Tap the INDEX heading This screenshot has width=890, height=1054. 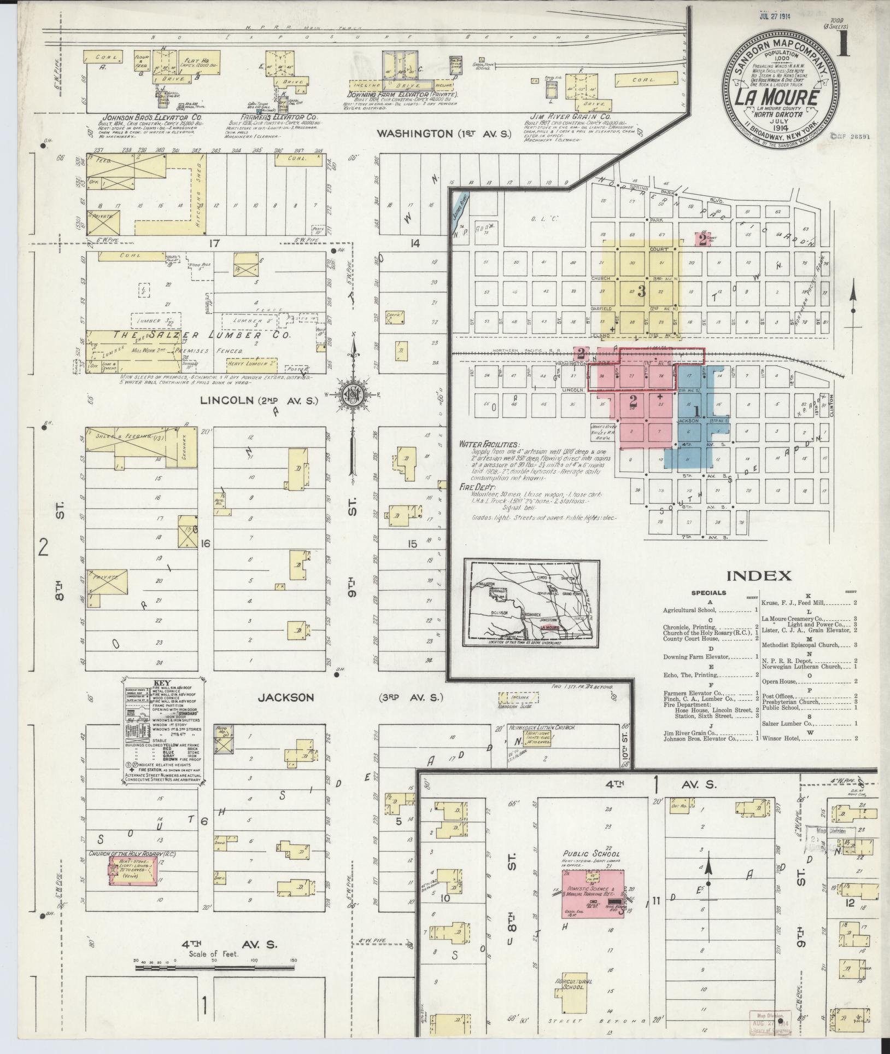pos(758,575)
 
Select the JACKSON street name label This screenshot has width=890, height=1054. pos(286,697)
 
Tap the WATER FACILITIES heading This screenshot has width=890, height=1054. pos(490,445)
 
